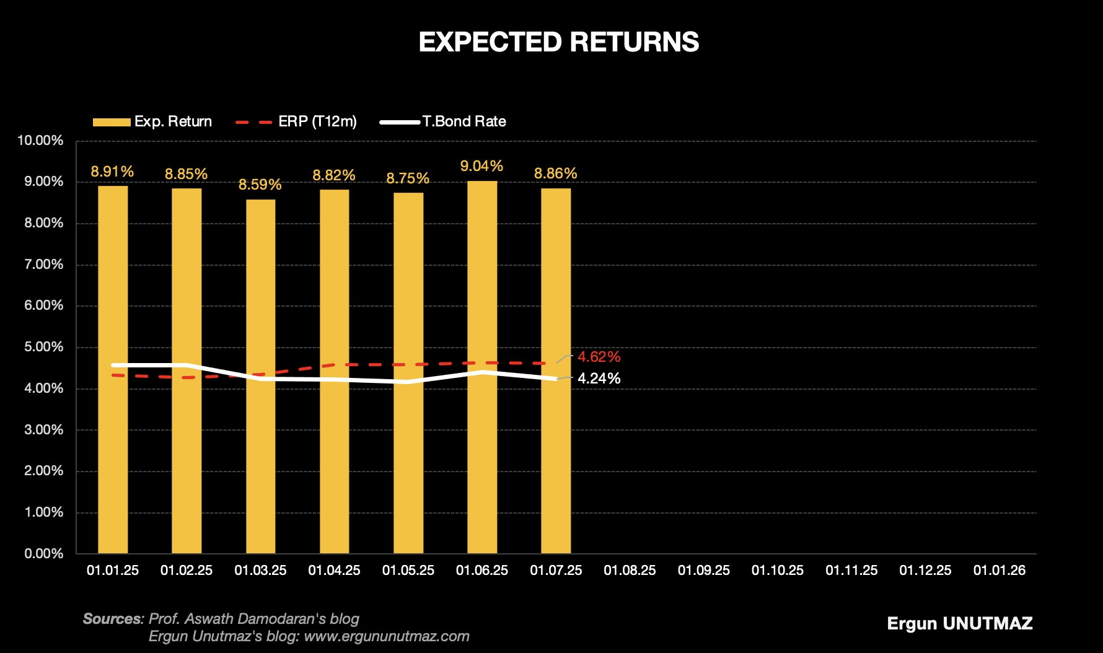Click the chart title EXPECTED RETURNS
[x=558, y=42]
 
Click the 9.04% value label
[x=481, y=166]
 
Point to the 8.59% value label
[x=260, y=185]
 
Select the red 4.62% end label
[x=599, y=357]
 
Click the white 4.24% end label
[x=599, y=379]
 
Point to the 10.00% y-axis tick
[x=40, y=141]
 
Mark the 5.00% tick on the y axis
[x=43, y=347]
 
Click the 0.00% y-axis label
[x=43, y=554]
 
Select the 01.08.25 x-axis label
[x=630, y=571]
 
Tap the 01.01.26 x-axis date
[x=999, y=571]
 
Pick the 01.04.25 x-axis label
[x=334, y=571]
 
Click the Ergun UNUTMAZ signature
[x=960, y=623]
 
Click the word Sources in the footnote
[x=112, y=619]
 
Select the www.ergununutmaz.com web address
[x=387, y=636]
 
